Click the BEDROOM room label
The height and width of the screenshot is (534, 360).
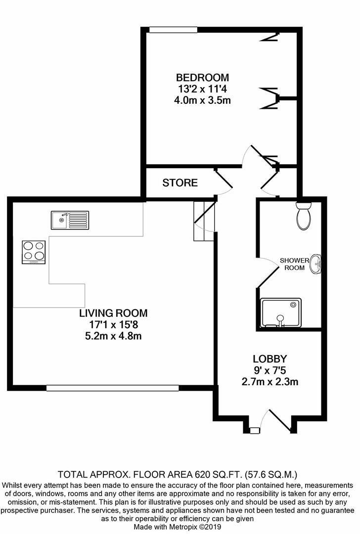pos(203,78)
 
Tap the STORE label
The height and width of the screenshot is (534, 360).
pos(180,183)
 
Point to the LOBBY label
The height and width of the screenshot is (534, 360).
pos(270,358)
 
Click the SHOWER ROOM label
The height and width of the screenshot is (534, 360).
pos(294,264)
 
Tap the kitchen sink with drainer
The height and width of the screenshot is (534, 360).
pos(70,220)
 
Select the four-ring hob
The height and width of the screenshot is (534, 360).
pos(34,252)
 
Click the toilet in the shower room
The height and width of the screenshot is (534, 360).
pos(302,216)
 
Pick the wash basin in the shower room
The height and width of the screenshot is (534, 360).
pos(315,265)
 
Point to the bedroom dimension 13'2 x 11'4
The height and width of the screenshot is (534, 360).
pos(203,89)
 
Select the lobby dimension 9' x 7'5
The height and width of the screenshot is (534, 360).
pos(270,370)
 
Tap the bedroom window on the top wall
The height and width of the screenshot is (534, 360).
pos(174,30)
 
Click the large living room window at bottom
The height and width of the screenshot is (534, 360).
pos(113,388)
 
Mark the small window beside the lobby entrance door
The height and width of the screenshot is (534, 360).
pos(254,431)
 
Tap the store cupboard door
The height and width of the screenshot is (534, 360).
pos(224,183)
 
